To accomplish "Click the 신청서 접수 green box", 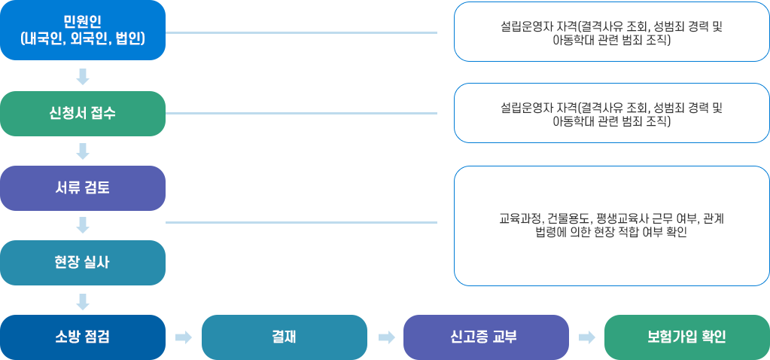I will pyautogui.click(x=83, y=114).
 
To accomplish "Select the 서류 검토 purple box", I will pyautogui.click(x=83, y=188).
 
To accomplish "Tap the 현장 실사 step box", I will pyautogui.click(x=83, y=263).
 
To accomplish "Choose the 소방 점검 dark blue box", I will pyautogui.click(x=83, y=337).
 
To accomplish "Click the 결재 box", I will pyautogui.click(x=284, y=337).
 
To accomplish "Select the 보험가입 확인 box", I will pyautogui.click(x=686, y=337).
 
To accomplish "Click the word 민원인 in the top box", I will pyautogui.click(x=83, y=20).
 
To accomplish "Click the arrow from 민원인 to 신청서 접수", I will pyautogui.click(x=83, y=76).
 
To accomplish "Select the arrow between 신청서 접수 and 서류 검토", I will pyautogui.click(x=83, y=151).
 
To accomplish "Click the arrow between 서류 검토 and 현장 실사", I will pyautogui.click(x=83, y=225).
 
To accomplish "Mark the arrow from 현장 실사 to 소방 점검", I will pyautogui.click(x=83, y=301).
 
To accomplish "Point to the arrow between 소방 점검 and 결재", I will pyautogui.click(x=184, y=337).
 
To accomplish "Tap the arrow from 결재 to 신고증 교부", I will pyautogui.click(x=386, y=337).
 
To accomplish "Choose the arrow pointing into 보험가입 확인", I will pyautogui.click(x=587, y=337).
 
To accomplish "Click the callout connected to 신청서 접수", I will pyautogui.click(x=611, y=114).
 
